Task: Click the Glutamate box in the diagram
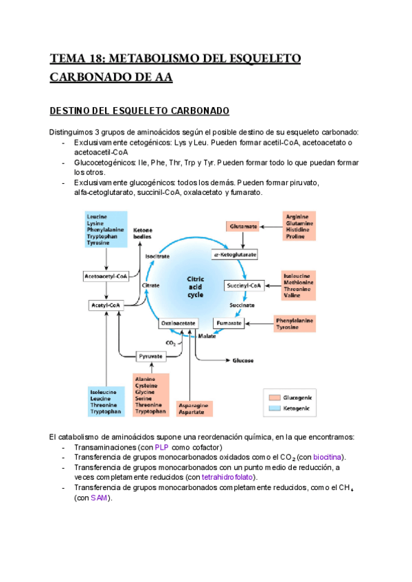tap(244, 226)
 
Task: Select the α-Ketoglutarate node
tap(235, 254)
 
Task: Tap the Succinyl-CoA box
tap(244, 285)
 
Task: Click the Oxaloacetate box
tap(179, 322)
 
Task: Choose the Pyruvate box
tap(150, 356)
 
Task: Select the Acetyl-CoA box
tap(106, 304)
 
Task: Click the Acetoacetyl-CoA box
tap(106, 277)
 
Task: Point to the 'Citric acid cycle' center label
tap(196, 287)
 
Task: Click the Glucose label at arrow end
tap(244, 360)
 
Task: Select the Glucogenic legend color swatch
tap(275, 397)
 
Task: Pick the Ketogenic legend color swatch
tap(275, 408)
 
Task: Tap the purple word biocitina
tap(328, 457)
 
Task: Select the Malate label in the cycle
tap(207, 336)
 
